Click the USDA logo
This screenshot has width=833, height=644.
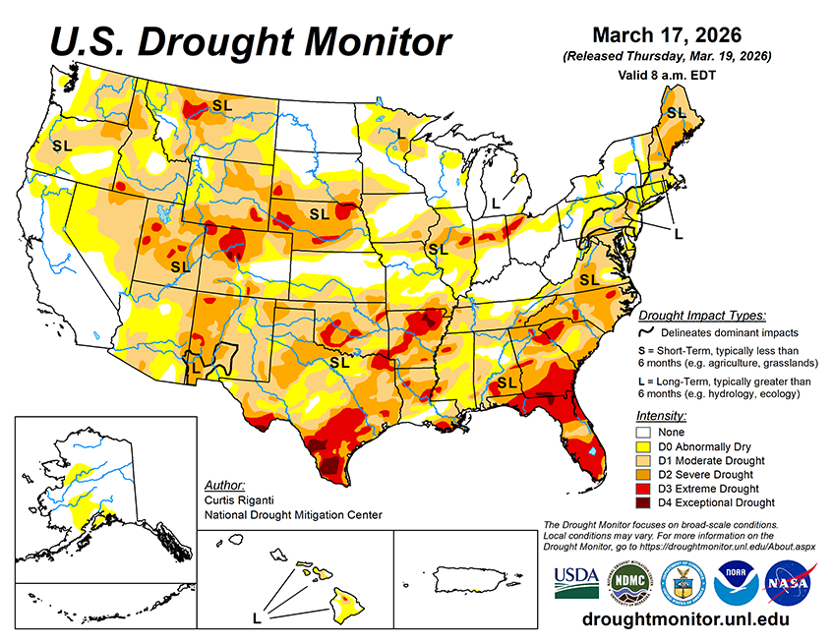(576, 581)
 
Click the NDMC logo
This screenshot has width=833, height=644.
(628, 582)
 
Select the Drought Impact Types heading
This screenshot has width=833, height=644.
(701, 316)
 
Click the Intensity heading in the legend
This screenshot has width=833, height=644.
(661, 415)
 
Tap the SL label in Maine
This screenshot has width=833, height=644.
(676, 113)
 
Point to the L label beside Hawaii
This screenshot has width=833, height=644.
(256, 618)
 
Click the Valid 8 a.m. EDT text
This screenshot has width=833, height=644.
(667, 74)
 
